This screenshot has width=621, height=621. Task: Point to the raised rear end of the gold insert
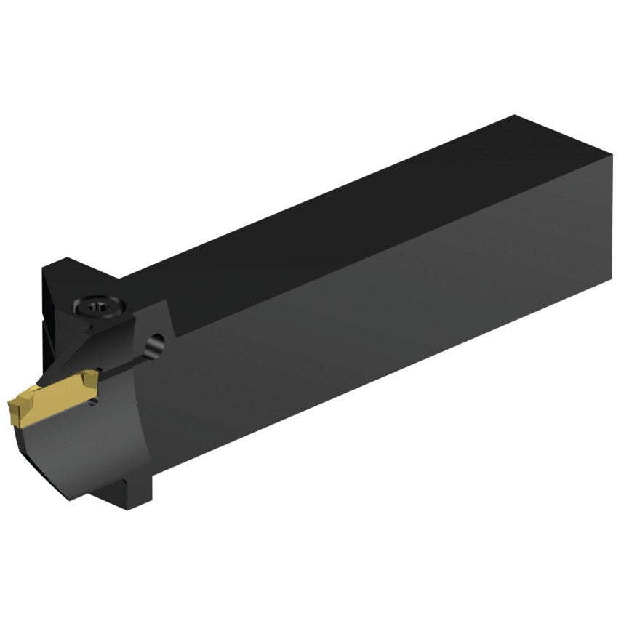click(88, 377)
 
